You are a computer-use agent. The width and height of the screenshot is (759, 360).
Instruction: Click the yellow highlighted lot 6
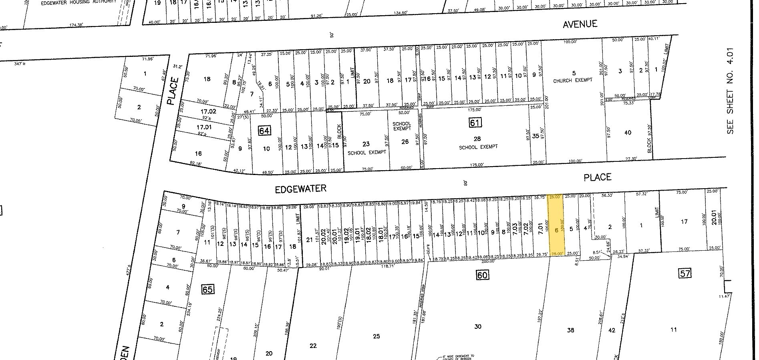click(x=556, y=226)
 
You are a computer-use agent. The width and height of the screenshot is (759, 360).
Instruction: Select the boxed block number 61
click(x=475, y=123)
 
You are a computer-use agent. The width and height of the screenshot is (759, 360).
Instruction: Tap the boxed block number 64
click(x=265, y=130)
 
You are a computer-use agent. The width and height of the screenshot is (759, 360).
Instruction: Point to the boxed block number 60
click(x=482, y=275)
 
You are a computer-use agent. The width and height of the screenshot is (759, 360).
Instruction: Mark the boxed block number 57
click(x=685, y=274)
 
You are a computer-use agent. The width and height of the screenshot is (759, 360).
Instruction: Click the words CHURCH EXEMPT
click(x=573, y=80)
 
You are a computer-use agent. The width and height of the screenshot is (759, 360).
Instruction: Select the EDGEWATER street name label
click(x=300, y=189)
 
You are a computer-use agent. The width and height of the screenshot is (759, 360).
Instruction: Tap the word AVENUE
click(x=580, y=24)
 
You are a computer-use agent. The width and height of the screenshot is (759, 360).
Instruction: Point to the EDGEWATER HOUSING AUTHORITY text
click(x=79, y=2)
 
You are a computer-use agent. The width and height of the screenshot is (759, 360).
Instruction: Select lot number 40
click(x=628, y=133)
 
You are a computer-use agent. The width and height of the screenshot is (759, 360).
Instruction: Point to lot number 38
click(x=571, y=330)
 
